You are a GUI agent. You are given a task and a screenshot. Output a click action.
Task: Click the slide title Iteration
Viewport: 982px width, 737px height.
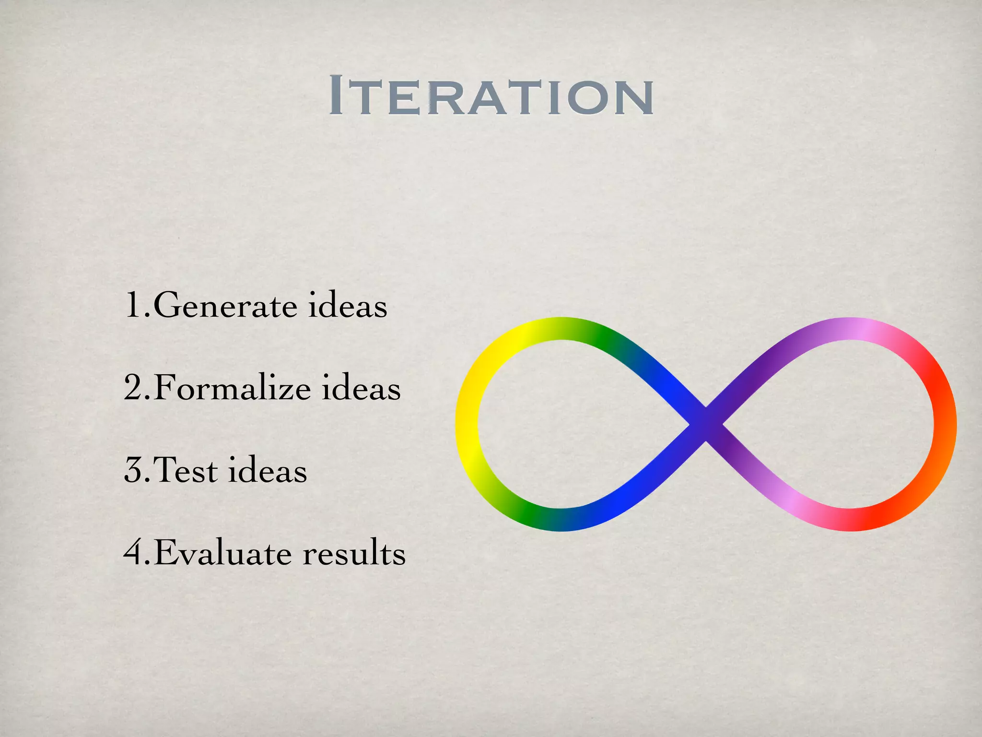pyautogui.click(x=491, y=96)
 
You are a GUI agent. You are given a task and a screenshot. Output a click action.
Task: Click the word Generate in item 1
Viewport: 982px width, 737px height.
pyautogui.click(x=225, y=306)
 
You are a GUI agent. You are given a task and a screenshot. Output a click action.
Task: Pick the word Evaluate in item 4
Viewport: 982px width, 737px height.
pyautogui.click(x=223, y=553)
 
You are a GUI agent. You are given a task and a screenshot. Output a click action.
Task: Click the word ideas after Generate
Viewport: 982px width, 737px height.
pyautogui.click(x=347, y=306)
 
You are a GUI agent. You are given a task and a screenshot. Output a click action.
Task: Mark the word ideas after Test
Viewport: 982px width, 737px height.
pyautogui.click(x=267, y=470)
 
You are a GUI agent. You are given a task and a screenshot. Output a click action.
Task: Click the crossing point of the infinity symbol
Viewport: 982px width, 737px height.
pyautogui.click(x=706, y=425)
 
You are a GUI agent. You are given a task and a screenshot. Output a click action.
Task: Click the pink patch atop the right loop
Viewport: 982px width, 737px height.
pyautogui.click(x=858, y=329)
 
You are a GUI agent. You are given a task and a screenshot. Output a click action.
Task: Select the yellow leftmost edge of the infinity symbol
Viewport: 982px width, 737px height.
pyautogui.click(x=466, y=425)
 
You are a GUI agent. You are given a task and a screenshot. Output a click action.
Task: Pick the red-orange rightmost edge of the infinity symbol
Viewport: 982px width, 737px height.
pyautogui.click(x=945, y=425)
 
